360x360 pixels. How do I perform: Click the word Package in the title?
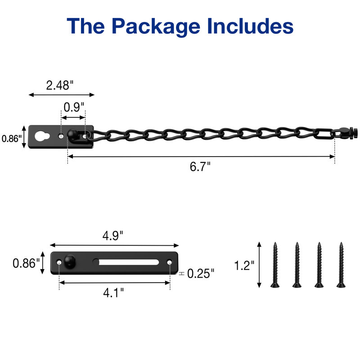[156, 27]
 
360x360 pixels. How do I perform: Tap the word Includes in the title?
[250, 26]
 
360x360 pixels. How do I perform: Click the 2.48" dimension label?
[60, 85]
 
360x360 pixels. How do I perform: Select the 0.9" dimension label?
[74, 107]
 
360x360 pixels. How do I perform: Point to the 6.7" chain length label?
[200, 166]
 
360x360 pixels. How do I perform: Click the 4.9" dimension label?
[113, 235]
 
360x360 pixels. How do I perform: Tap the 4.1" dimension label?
[113, 293]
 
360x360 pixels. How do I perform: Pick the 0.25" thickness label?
[201, 274]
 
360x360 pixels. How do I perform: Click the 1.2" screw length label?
[244, 265]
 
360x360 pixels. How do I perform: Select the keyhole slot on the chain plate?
[42, 136]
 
